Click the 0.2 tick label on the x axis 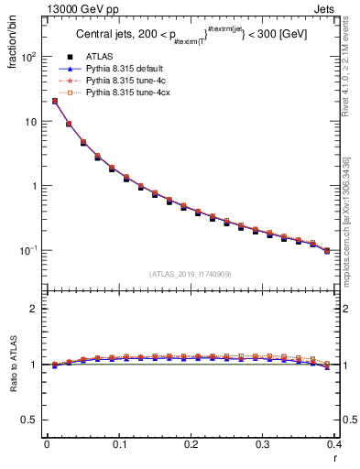[x=191, y=444]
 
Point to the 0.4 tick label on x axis [x=333, y=444]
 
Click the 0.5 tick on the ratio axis [x=31, y=420]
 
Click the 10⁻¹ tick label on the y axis [x=29, y=250]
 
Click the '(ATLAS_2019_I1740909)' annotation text [x=191, y=275]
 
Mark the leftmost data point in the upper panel [x=55, y=102]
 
